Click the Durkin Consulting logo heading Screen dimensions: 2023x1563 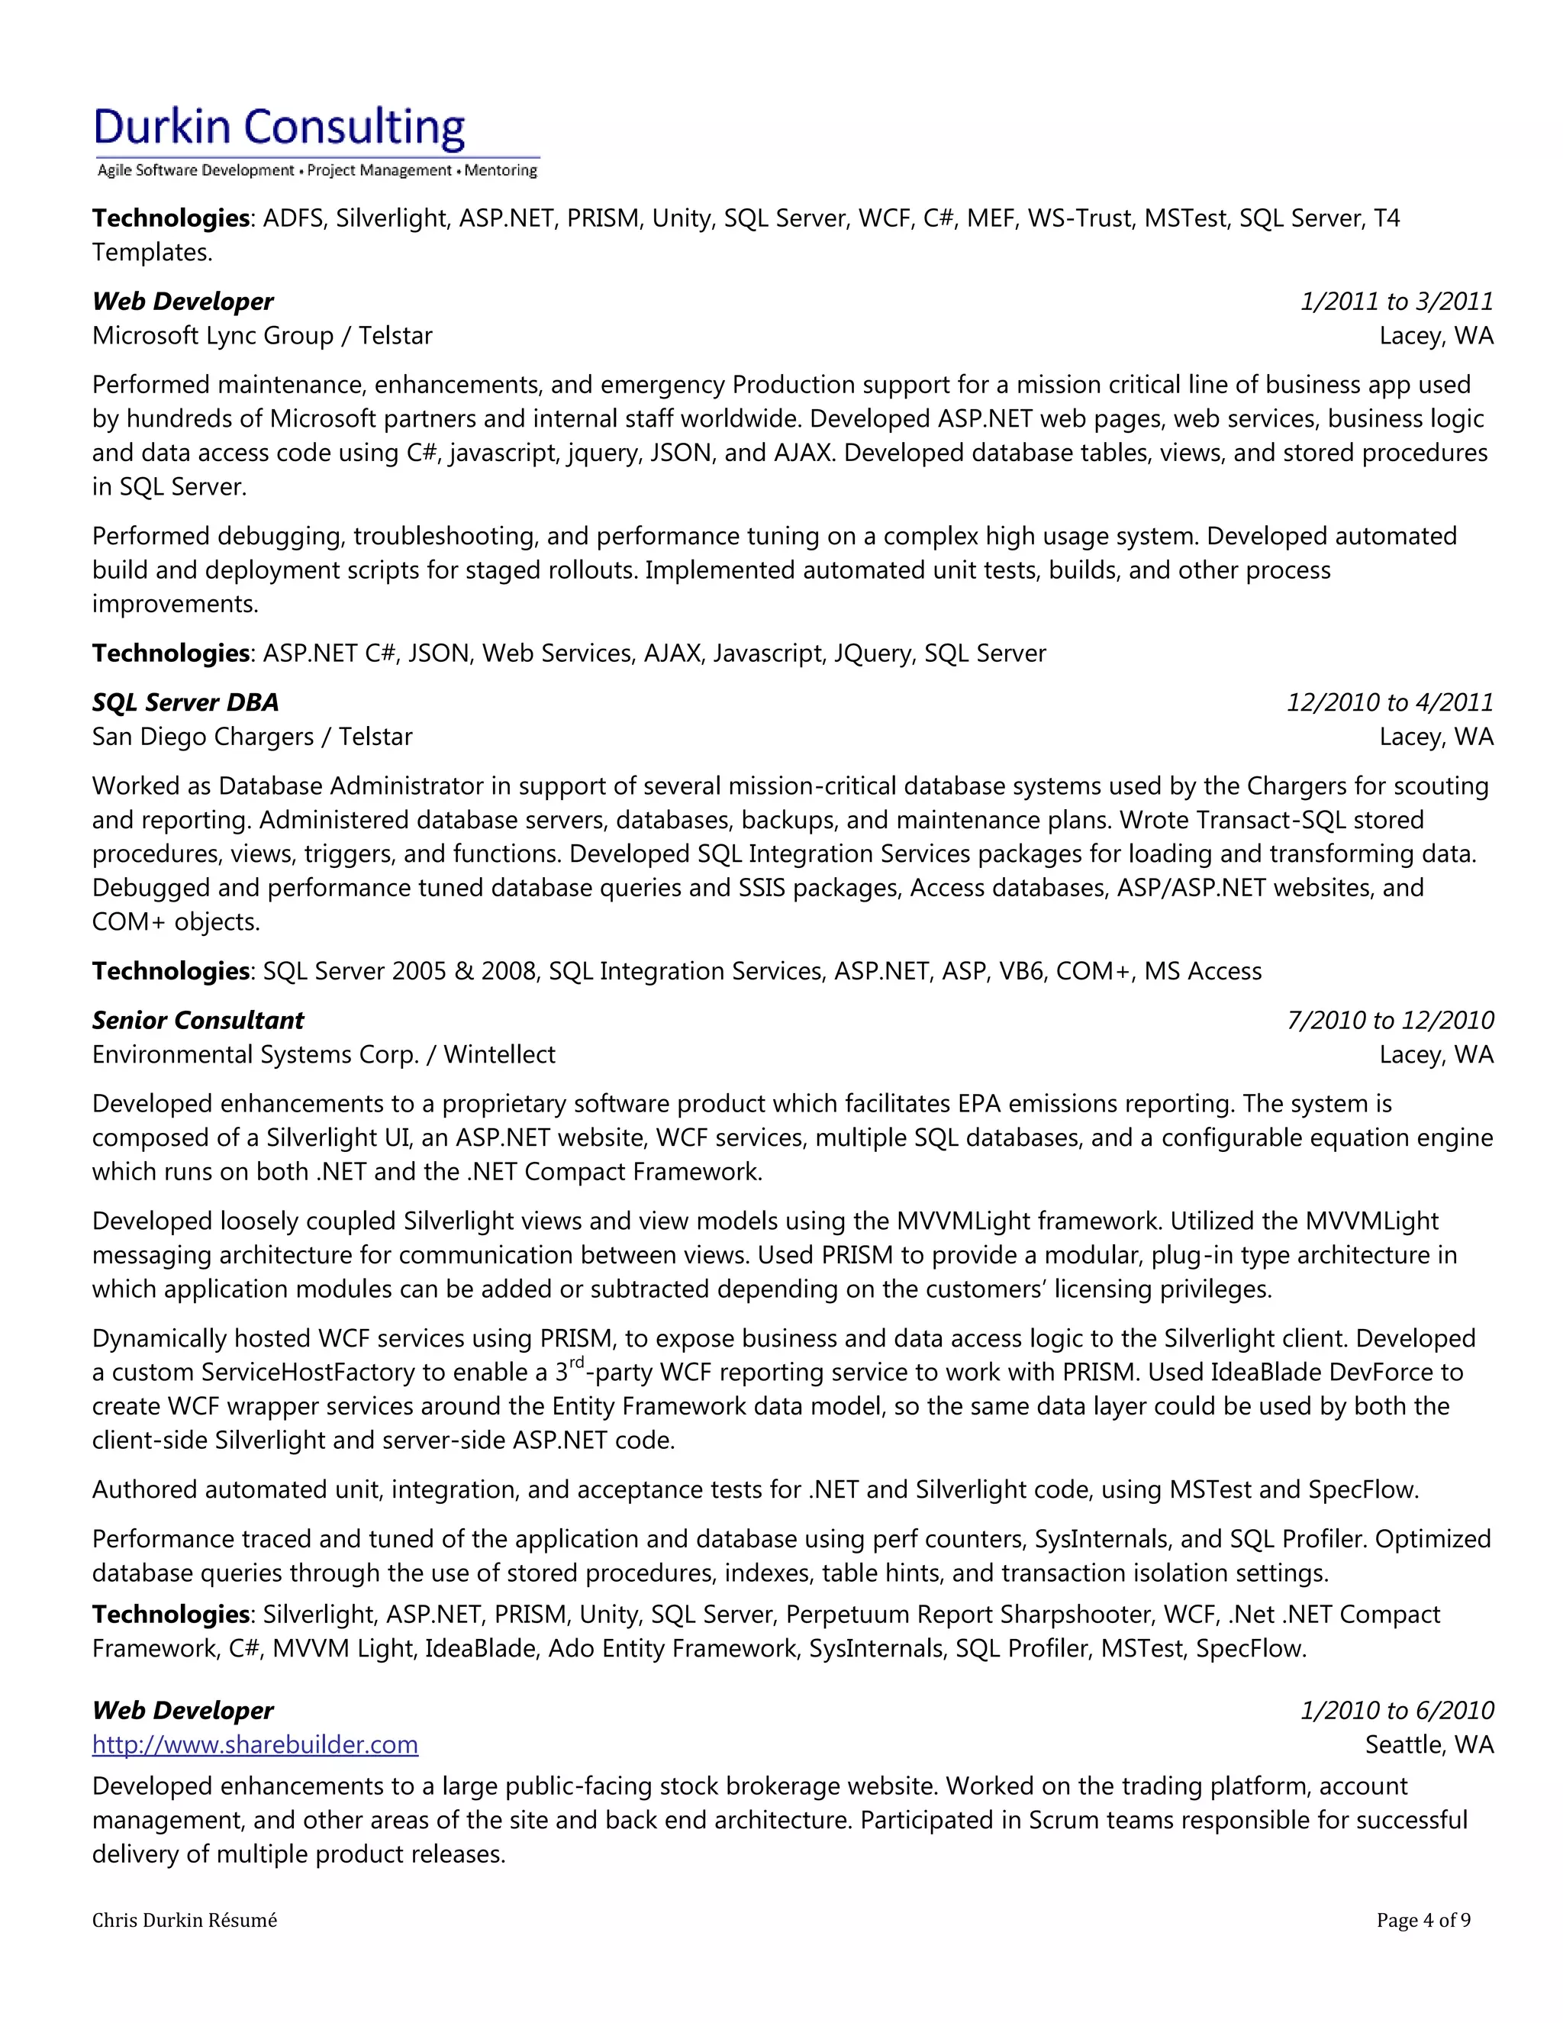pyautogui.click(x=279, y=127)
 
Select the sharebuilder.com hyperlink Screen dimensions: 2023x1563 pyautogui.click(x=255, y=1744)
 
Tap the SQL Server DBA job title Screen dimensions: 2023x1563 pyautogui.click(x=185, y=702)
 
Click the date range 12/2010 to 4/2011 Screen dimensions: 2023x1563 pyautogui.click(x=1390, y=702)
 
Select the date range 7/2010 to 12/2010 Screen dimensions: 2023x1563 pyautogui.click(x=1390, y=1020)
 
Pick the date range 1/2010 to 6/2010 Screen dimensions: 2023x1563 pyautogui.click(x=1397, y=1710)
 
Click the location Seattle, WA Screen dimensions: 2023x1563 pyautogui.click(x=1429, y=1744)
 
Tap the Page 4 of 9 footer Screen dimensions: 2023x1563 pyautogui.click(x=1423, y=1920)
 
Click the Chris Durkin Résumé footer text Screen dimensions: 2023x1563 pyautogui.click(x=184, y=1920)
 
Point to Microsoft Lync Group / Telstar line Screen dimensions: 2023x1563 pyautogui.click(x=262, y=335)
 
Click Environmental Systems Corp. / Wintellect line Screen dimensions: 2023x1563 pyautogui.click(x=323, y=1054)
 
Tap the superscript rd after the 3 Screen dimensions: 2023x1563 pyautogui.click(x=576, y=1362)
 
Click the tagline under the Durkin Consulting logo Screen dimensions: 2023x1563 pyautogui.click(x=317, y=170)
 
